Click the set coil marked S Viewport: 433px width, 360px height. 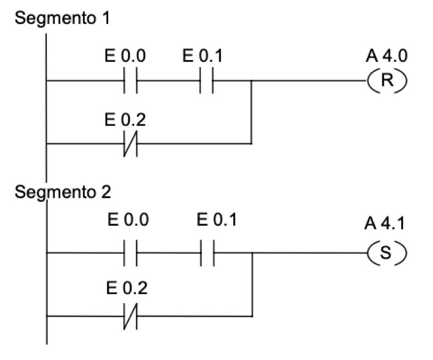387,252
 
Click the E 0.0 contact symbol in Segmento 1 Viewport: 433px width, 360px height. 130,81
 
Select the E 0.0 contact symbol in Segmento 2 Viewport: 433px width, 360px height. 130,252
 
